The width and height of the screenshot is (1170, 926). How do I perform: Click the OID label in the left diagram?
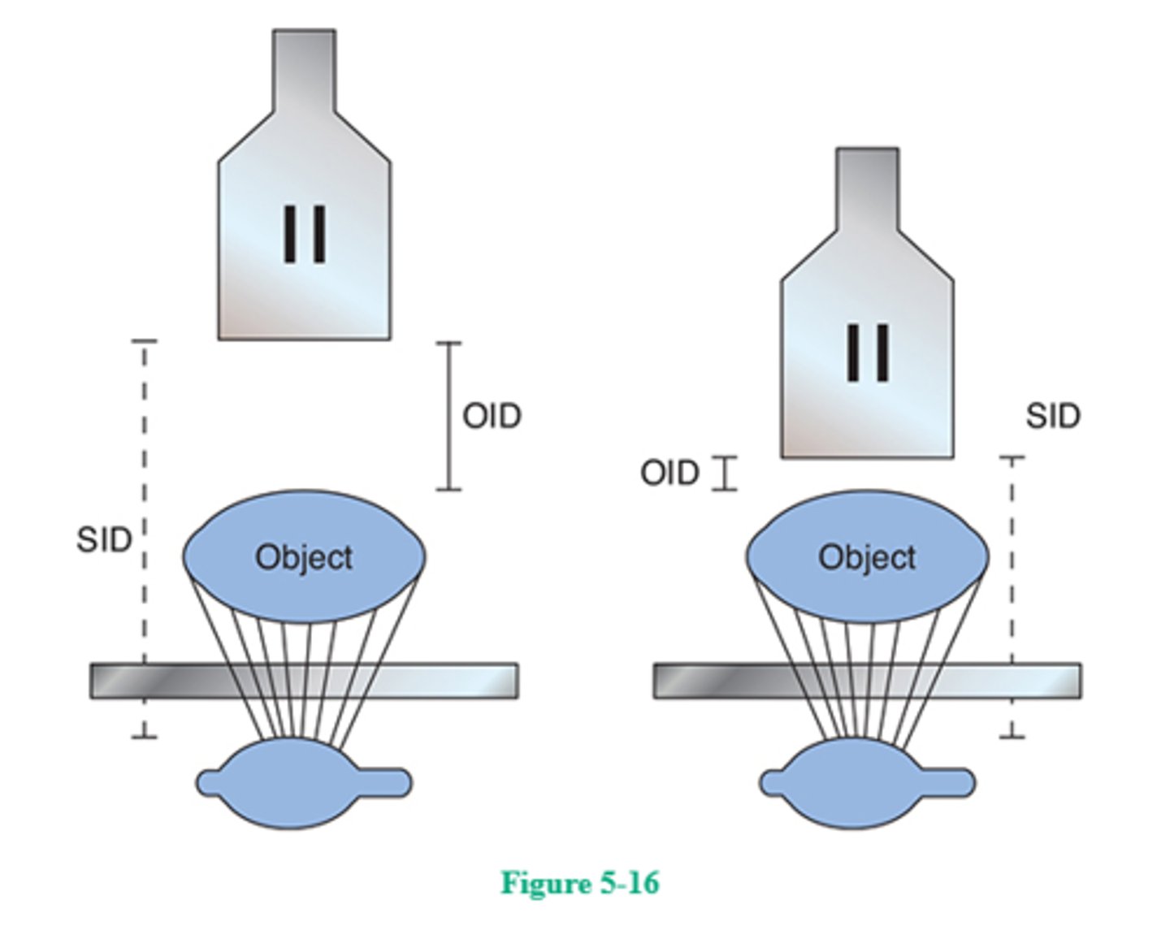(492, 416)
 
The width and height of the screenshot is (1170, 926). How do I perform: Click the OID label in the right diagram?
(669, 473)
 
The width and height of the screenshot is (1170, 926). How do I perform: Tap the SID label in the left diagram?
(103, 539)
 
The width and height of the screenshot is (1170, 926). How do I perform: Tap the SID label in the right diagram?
(1052, 416)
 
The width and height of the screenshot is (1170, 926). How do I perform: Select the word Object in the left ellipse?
(304, 557)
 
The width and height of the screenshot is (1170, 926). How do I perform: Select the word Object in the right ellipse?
(867, 557)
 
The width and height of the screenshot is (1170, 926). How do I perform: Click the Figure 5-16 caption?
(580, 882)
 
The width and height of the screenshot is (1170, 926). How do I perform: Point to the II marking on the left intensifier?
(305, 234)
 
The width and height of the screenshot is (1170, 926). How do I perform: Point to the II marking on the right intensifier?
(868, 352)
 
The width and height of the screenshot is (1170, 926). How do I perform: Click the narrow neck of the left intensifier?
(304, 69)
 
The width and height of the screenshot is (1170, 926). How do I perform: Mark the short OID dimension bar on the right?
(725, 474)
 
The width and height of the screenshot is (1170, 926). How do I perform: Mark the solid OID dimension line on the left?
(448, 416)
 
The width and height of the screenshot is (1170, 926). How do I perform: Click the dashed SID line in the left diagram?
(145, 455)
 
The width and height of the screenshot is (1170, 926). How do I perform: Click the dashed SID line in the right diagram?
(1012, 569)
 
